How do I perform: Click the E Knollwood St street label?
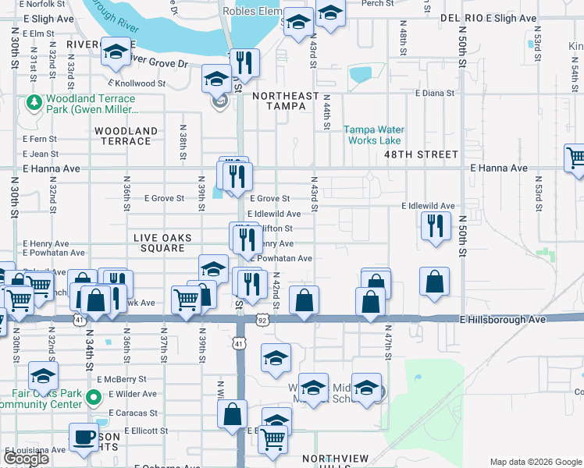coord(137,83)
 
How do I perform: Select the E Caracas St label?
coord(134,412)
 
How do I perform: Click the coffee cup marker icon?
coord(84,437)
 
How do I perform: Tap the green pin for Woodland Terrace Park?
coord(34,102)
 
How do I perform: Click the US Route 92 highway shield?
coord(262,320)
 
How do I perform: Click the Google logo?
coord(26,459)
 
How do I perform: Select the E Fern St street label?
coord(40,139)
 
